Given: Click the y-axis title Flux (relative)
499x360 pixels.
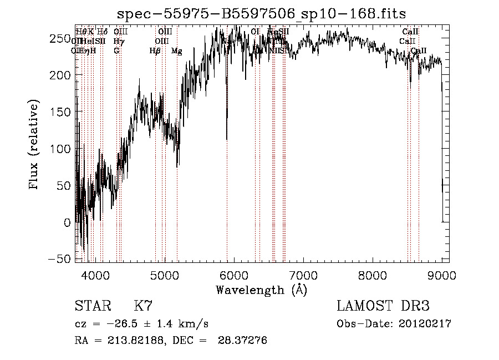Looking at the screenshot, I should pos(34,145).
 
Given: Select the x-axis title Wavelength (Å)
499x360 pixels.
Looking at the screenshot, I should pos(262,290).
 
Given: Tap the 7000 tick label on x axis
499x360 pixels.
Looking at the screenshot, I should pos(303,275).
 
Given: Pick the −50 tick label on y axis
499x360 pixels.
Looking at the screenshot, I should pos(62,259).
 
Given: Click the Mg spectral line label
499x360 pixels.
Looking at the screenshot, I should pos(177,51).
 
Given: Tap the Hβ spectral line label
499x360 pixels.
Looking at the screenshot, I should pos(155,51).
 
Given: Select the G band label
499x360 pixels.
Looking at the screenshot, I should pos(116,50).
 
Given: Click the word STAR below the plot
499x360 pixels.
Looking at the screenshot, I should pos(93,306).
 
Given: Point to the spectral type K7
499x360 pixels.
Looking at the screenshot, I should pos(143,306).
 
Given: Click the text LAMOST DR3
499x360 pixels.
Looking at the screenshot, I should pos(383,306).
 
